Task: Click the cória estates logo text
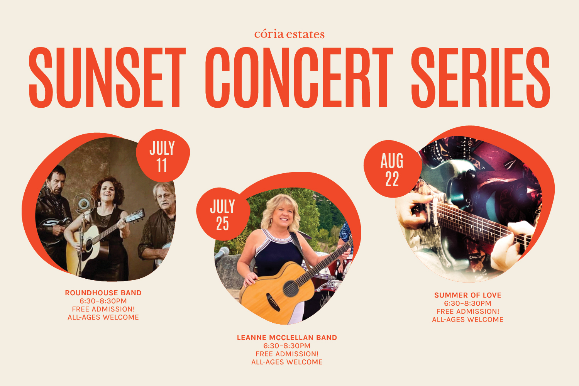pyautogui.click(x=289, y=34)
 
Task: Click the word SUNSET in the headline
pyautogui.click(x=107, y=77)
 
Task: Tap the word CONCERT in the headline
pyautogui.click(x=299, y=77)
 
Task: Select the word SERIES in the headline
pyautogui.click(x=481, y=77)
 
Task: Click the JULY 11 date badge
pyautogui.click(x=163, y=156)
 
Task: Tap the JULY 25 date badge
pyautogui.click(x=223, y=214)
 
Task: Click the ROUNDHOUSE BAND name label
pyautogui.click(x=103, y=293)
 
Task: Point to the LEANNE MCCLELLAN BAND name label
pyautogui.click(x=287, y=337)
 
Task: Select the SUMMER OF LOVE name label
pyautogui.click(x=467, y=295)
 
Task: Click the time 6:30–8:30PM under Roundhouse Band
pyautogui.click(x=103, y=301)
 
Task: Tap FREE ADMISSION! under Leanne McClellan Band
pyautogui.click(x=287, y=354)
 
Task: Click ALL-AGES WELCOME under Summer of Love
pyautogui.click(x=467, y=320)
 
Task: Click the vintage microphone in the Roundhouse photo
pyautogui.click(x=83, y=203)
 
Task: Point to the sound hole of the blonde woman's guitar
pyautogui.click(x=291, y=288)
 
